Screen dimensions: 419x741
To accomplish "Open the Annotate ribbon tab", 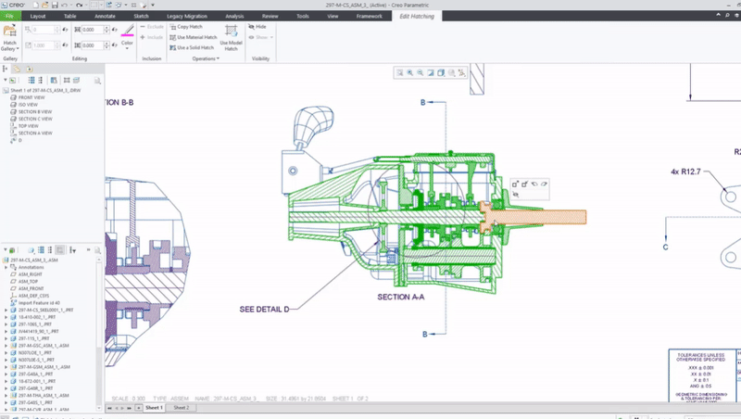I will [x=106, y=16].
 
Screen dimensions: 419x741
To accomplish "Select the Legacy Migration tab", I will [x=186, y=16].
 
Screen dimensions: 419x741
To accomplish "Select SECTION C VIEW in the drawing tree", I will [x=35, y=119].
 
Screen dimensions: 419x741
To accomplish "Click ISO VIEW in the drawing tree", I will [x=29, y=105].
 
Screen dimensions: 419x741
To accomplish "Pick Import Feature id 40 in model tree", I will [x=39, y=302].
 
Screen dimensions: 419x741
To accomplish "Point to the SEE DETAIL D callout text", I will [x=264, y=309].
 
